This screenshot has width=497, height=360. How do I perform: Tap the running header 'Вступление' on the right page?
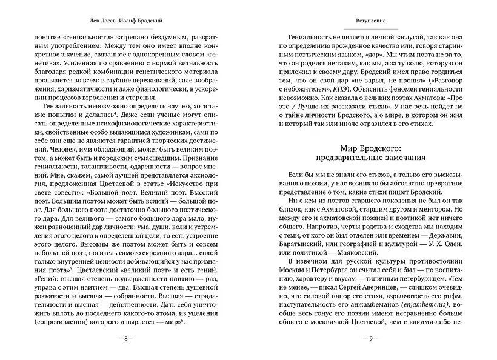point(370,20)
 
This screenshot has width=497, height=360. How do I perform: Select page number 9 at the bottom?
point(370,338)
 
